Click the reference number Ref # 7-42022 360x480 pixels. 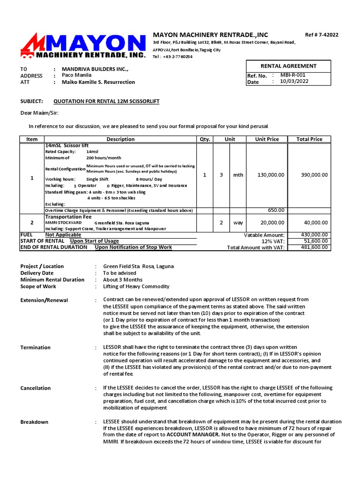click(x=322, y=35)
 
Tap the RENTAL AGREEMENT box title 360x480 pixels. click(x=288, y=66)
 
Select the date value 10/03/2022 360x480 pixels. click(x=294, y=81)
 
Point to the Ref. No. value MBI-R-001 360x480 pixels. click(x=293, y=75)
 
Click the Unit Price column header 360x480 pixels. click(x=267, y=139)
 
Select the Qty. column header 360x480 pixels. click(x=205, y=139)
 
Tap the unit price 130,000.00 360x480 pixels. click(x=271, y=175)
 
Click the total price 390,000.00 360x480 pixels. click(x=314, y=175)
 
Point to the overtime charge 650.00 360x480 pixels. click(x=276, y=210)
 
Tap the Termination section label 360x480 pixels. click(x=36, y=347)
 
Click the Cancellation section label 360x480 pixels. click(x=36, y=388)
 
